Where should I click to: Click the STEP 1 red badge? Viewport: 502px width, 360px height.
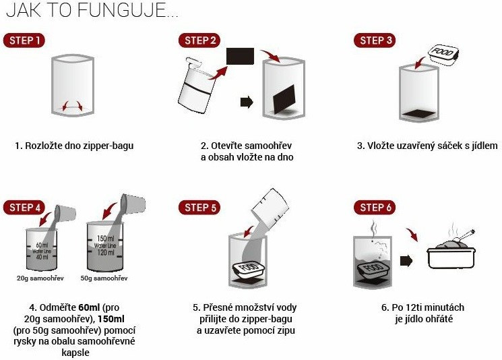pos(24,40)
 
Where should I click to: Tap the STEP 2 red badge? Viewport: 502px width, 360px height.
pos(199,40)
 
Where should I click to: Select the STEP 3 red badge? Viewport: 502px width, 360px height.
pos(375,40)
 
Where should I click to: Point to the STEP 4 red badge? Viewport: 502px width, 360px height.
pos(24,208)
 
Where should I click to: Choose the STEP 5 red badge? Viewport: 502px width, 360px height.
pos(199,208)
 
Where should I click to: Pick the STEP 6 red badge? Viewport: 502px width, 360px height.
pos(375,208)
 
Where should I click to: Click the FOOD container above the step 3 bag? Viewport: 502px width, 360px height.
pos(443,55)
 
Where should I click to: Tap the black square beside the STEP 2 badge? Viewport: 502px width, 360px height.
pos(240,57)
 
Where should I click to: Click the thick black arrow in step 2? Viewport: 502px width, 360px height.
pos(247,102)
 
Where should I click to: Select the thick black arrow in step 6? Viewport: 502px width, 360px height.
pos(406,261)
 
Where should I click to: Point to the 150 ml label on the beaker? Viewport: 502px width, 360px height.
pos(106,239)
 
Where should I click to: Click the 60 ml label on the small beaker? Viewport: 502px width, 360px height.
pos(42,245)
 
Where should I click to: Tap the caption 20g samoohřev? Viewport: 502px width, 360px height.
pos(40,278)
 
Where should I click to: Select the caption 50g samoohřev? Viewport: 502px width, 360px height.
pos(104,278)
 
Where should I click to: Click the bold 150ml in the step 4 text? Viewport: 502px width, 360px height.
pos(111,319)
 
